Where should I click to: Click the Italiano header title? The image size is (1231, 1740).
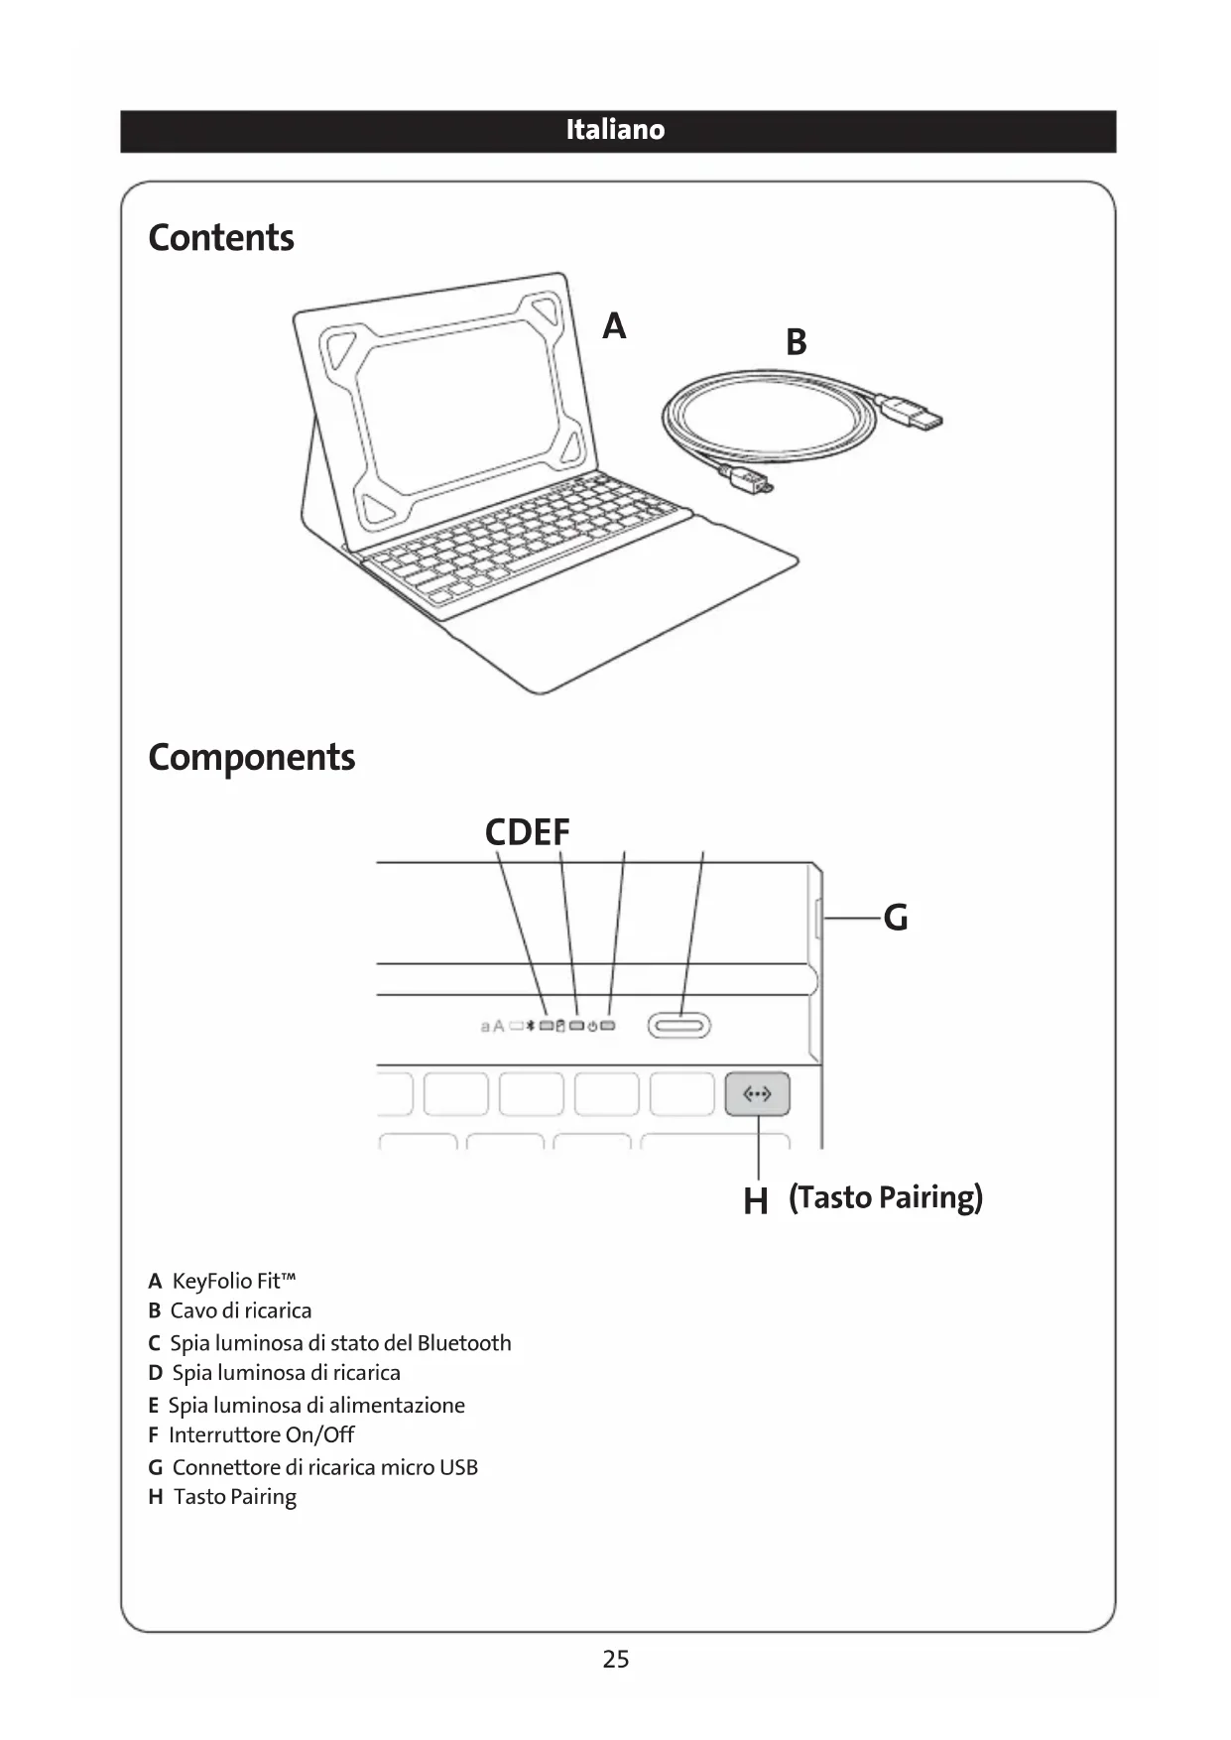(615, 130)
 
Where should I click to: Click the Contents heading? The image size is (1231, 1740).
(221, 238)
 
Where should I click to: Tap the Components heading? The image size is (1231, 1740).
(251, 757)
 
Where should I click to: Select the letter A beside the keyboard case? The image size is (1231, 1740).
(614, 325)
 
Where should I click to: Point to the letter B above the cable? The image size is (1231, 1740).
(796, 342)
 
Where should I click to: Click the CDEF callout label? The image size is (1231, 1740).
(527, 832)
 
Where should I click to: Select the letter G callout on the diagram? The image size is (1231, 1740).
(895, 918)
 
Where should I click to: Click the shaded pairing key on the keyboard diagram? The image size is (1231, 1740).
(757, 1094)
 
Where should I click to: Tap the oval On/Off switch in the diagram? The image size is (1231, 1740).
(679, 1026)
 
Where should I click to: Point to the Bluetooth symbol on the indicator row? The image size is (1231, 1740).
(531, 1026)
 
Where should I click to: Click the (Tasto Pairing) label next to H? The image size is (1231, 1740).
(886, 1197)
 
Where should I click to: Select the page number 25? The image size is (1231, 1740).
(615, 1659)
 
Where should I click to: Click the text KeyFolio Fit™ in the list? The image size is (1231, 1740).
(234, 1281)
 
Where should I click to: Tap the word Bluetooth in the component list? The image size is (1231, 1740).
(464, 1343)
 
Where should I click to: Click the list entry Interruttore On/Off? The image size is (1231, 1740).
(261, 1434)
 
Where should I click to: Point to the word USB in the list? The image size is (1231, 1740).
(458, 1467)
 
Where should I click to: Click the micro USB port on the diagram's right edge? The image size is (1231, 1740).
(817, 919)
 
